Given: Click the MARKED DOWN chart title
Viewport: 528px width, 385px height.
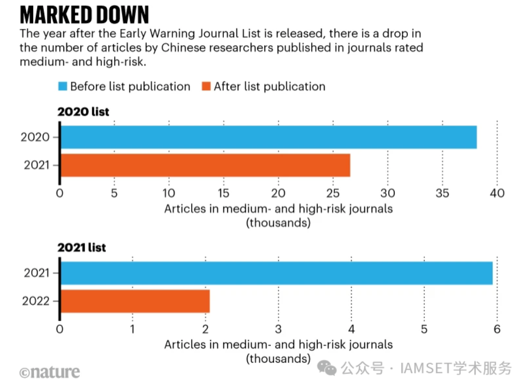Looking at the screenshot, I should [84, 14].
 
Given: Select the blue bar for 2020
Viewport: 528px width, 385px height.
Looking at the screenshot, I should [268, 137].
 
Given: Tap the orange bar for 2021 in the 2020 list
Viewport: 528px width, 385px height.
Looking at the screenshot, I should [205, 165].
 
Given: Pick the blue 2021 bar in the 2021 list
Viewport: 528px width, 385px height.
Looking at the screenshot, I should [276, 273].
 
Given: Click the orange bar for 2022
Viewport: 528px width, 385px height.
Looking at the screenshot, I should [135, 301].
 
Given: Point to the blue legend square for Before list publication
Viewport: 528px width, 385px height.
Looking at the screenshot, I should [63, 86].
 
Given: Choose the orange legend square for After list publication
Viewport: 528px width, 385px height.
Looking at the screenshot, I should [206, 86].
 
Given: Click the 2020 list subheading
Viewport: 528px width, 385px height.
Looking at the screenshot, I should [84, 112].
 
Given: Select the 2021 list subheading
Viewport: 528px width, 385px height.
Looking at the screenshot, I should [82, 247].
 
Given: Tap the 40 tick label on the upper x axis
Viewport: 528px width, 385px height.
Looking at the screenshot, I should [497, 193].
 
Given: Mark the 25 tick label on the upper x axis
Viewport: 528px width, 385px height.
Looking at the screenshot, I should [333, 193].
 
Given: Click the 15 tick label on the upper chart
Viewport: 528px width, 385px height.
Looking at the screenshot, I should [223, 193].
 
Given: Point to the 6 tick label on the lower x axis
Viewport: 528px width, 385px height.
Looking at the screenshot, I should [497, 329].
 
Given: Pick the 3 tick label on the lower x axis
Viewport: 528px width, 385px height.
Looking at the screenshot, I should [278, 329].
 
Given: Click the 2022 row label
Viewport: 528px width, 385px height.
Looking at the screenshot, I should [37, 301].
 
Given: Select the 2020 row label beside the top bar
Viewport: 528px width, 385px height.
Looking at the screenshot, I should [36, 137].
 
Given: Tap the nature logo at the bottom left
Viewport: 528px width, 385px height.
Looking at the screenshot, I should [50, 372].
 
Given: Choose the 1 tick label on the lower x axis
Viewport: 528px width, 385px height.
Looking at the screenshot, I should [133, 329].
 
